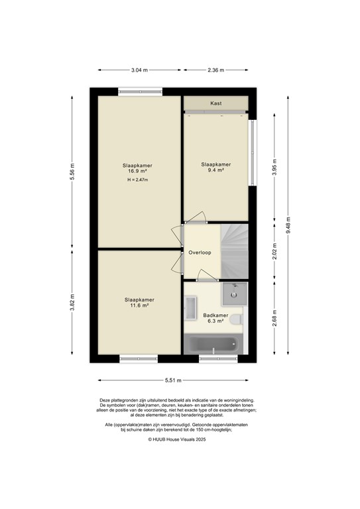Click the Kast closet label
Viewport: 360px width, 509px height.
click(x=215, y=103)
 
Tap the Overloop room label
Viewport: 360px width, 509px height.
click(x=199, y=253)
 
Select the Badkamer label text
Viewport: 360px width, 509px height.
click(x=215, y=315)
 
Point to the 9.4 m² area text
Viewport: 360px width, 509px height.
click(x=215, y=170)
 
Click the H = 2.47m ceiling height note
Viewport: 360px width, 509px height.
click(x=138, y=180)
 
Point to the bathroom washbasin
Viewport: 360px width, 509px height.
click(x=191, y=308)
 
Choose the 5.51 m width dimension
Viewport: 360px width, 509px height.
click(x=174, y=380)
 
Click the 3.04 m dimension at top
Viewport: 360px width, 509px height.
click(x=140, y=70)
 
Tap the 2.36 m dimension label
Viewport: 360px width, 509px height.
click(x=215, y=70)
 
